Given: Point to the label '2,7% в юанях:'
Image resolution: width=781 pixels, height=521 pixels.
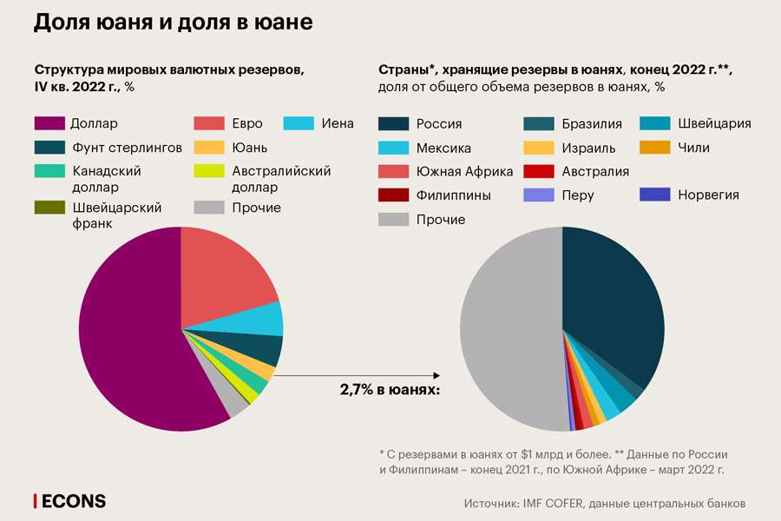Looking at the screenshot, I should click(390, 390).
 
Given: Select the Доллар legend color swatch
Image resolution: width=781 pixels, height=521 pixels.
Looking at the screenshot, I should click(49, 123).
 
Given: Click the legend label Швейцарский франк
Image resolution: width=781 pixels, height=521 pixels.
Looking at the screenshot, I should click(116, 215).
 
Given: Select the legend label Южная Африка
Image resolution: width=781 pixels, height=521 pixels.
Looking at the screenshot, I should click(464, 171).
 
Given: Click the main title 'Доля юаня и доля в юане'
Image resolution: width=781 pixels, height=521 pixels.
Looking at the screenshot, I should click(173, 23).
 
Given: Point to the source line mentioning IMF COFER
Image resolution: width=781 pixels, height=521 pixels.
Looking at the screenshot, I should click(605, 503).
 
